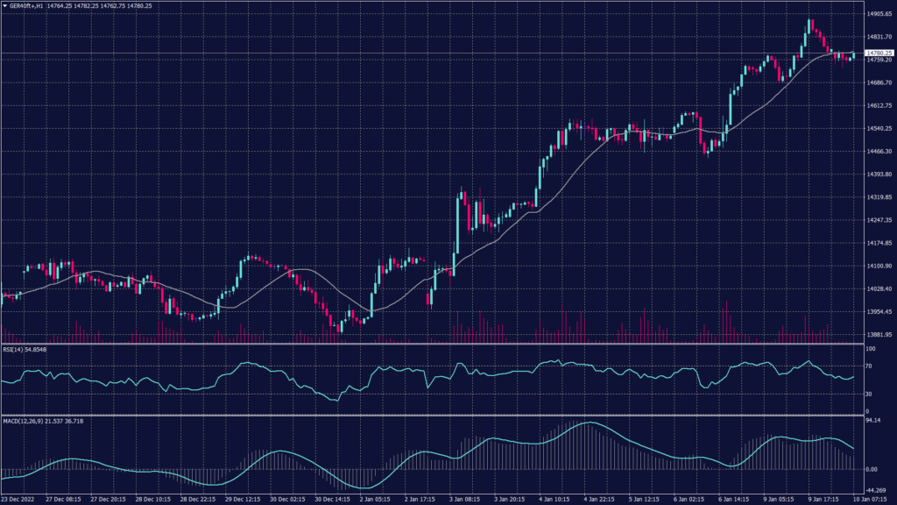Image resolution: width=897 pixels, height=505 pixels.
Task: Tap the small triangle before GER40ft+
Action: (4, 5)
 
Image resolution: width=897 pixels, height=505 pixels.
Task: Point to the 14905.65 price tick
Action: (877, 14)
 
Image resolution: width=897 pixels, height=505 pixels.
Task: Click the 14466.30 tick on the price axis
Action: (877, 152)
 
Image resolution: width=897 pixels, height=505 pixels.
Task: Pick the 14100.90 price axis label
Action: (877, 266)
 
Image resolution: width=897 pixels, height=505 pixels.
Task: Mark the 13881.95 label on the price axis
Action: (877, 335)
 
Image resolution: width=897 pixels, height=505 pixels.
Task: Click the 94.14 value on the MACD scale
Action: (873, 421)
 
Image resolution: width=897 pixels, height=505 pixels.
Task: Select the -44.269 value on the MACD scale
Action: (875, 490)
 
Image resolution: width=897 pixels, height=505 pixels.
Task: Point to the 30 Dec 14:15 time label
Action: (333, 499)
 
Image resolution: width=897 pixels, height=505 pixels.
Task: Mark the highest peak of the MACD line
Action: (589, 423)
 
